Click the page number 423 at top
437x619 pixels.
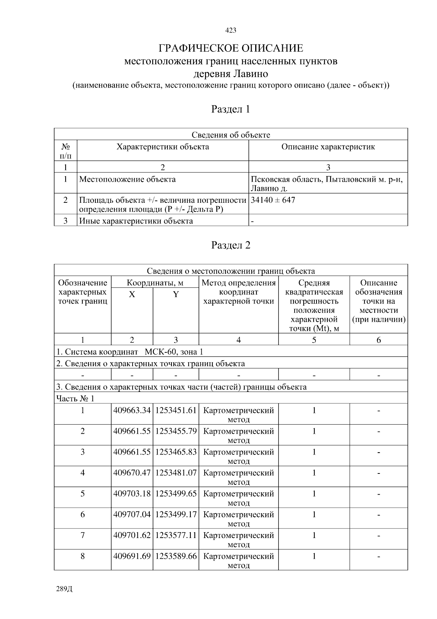(231, 30)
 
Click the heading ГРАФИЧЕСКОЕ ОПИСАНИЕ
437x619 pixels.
(231, 48)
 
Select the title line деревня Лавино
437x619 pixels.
(231, 74)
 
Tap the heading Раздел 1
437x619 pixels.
(231, 109)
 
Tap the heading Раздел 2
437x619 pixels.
(231, 245)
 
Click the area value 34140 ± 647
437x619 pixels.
(273, 200)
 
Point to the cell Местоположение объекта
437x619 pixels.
(127, 179)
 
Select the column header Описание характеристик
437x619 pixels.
(328, 147)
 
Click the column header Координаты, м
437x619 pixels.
(155, 283)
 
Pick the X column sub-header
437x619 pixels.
(132, 294)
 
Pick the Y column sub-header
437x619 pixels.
(176, 294)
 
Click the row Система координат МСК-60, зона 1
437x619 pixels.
(130, 352)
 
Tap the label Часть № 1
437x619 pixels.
(75, 398)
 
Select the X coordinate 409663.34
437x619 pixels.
(132, 410)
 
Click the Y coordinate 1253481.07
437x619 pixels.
(176, 473)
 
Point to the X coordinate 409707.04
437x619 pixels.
(132, 514)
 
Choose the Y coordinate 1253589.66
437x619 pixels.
(176, 556)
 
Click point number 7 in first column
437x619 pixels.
(83, 535)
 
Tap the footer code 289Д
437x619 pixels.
(64, 589)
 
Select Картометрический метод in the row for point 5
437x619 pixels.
(239, 498)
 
